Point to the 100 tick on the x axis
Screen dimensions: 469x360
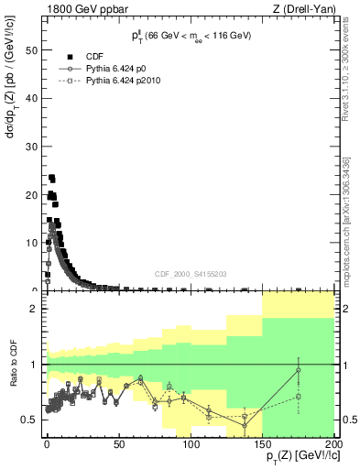click(190, 443)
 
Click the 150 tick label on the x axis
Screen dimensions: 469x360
click(261, 443)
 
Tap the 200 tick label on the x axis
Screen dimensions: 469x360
click(333, 443)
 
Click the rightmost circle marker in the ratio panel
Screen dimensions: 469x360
click(299, 370)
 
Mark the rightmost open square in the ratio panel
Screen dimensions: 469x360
click(299, 397)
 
